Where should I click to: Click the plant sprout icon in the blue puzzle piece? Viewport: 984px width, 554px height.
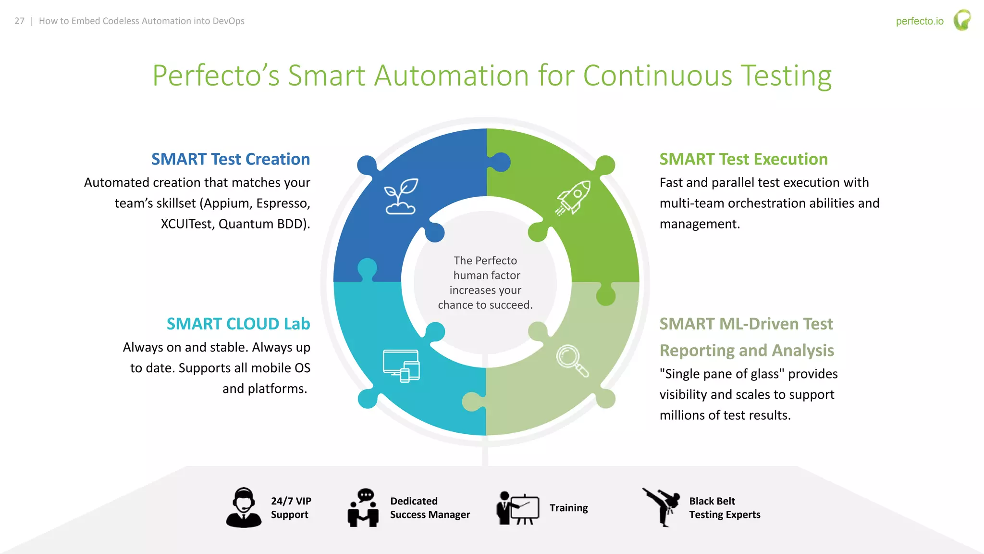point(401,196)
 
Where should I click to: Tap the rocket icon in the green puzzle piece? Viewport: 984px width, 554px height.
point(573,198)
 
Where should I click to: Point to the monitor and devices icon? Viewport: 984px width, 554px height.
point(401,366)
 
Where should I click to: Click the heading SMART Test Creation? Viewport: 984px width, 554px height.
point(231,159)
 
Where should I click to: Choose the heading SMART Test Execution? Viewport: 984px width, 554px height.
point(743,159)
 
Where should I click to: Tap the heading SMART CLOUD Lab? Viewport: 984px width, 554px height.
point(238,324)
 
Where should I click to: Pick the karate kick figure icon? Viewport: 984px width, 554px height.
point(662,507)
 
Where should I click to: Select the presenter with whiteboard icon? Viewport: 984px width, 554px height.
point(518,508)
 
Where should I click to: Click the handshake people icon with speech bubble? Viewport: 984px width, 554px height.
point(364,508)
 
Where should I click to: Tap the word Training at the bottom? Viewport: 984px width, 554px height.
point(568,508)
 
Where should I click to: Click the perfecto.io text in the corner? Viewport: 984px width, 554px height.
point(920,21)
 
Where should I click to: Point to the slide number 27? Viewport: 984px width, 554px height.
point(19,21)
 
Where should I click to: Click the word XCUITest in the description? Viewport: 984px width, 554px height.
point(186,224)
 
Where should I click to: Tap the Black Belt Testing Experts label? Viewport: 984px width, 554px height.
point(725,508)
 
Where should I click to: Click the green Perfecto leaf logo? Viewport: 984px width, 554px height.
point(962,20)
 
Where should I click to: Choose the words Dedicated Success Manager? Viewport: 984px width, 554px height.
point(430,508)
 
